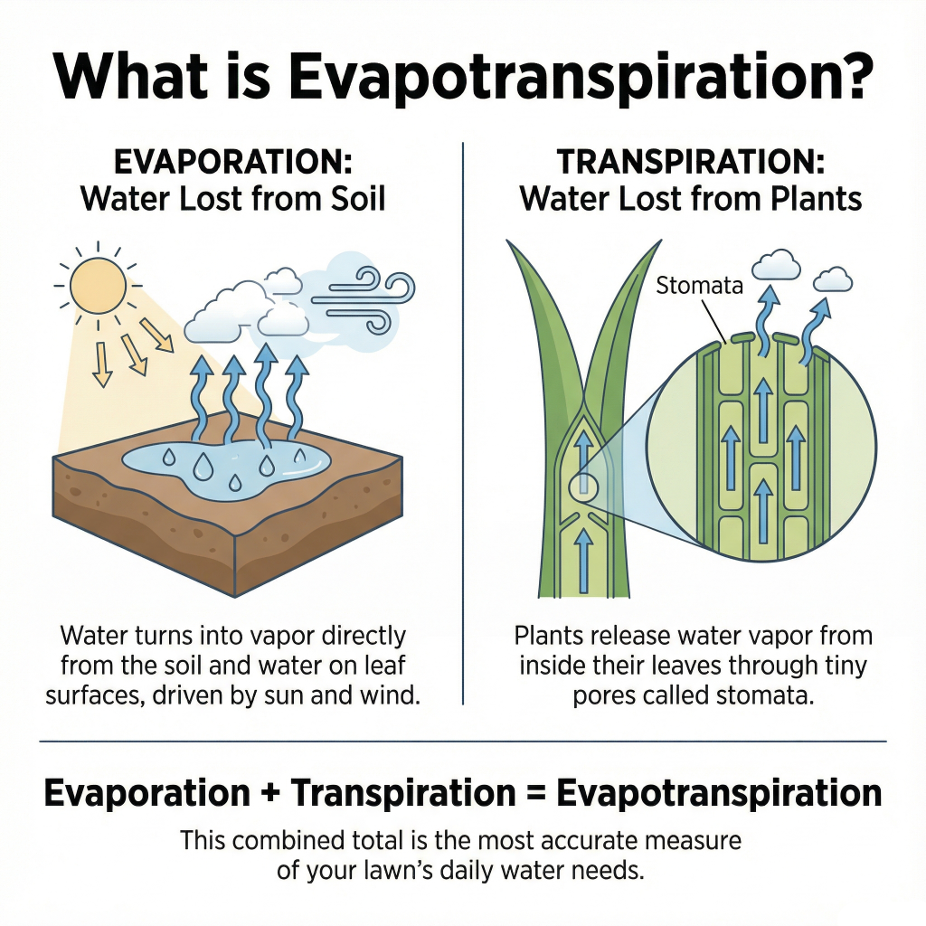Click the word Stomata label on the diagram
(699, 288)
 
